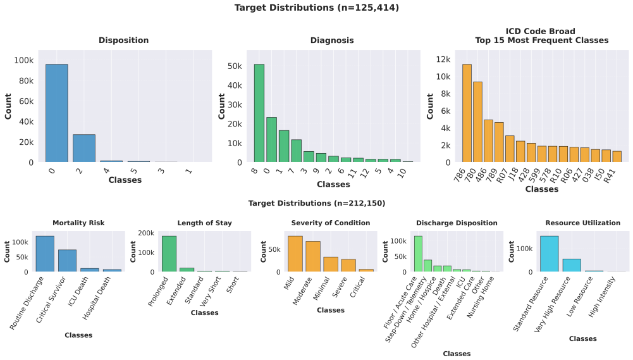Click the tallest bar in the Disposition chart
pos(56,113)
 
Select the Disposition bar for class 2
pos(84,148)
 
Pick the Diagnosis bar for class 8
pos(259,113)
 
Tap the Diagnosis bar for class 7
pos(297,151)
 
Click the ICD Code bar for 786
pos(467,113)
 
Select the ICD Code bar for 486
pos(488,141)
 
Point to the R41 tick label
pos(610,176)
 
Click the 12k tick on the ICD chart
pos(443,59)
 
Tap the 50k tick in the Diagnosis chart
pos(235,66)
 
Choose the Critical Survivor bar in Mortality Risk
pos(67,261)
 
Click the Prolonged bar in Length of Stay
pos(169,254)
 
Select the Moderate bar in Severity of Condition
pos(313,257)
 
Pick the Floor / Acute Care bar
pos(418,254)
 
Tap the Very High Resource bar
pos(572,266)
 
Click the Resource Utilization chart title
pos(582,223)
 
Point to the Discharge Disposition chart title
pos(457,223)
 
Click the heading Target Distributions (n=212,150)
pos(316,203)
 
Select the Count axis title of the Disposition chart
pos(8,106)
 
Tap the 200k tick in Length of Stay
pos(146,233)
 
